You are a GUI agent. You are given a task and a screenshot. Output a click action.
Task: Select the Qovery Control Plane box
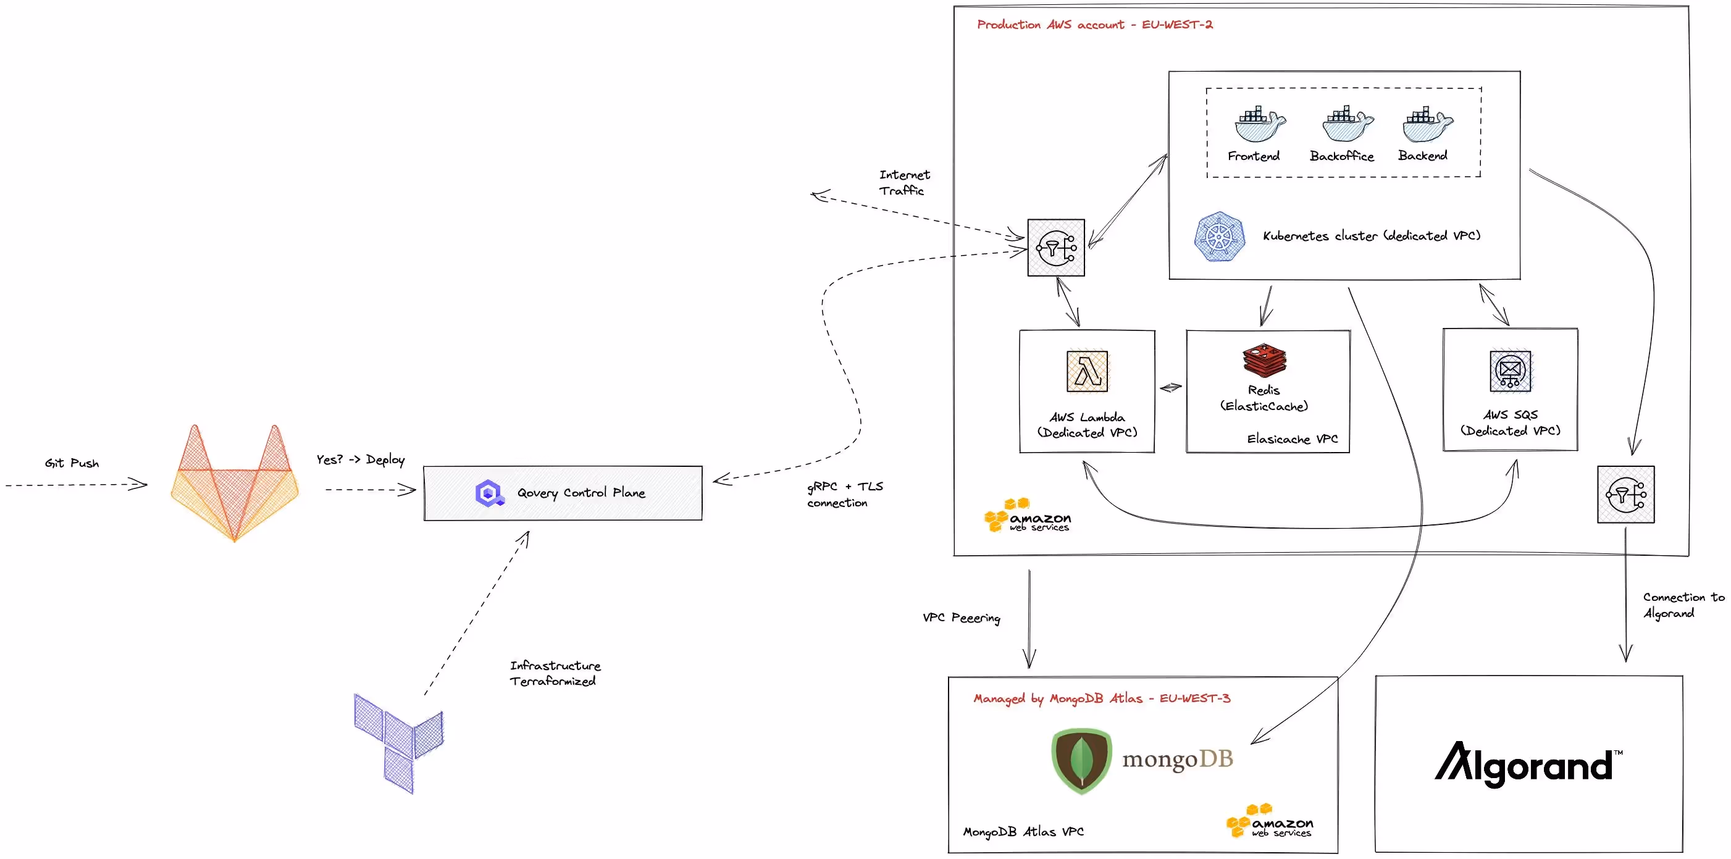click(x=563, y=493)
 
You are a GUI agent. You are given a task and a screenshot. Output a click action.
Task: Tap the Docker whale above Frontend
click(x=1259, y=124)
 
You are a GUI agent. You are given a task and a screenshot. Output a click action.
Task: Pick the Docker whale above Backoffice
click(x=1347, y=124)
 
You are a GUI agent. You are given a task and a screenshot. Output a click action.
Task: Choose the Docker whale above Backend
click(x=1427, y=124)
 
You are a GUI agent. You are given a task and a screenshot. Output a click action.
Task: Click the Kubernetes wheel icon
click(x=1219, y=237)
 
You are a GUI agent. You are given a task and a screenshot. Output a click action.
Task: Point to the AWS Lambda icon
click(x=1086, y=371)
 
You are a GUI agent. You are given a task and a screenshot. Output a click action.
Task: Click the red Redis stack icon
click(x=1264, y=360)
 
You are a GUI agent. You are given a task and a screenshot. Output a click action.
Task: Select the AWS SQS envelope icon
click(x=1510, y=371)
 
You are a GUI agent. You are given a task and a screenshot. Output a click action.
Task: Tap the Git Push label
click(x=72, y=463)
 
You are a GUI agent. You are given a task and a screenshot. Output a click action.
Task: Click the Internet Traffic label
click(x=904, y=182)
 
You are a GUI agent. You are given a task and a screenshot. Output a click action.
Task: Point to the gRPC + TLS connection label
click(x=844, y=494)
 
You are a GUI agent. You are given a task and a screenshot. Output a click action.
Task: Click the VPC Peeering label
click(x=961, y=617)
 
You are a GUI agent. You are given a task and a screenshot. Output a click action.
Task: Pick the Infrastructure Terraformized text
click(x=555, y=673)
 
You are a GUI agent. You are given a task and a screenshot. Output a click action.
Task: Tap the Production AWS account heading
click(x=1094, y=25)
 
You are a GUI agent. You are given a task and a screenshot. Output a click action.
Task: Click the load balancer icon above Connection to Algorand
click(x=1625, y=495)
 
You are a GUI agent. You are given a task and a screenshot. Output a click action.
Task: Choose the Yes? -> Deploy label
click(x=361, y=459)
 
